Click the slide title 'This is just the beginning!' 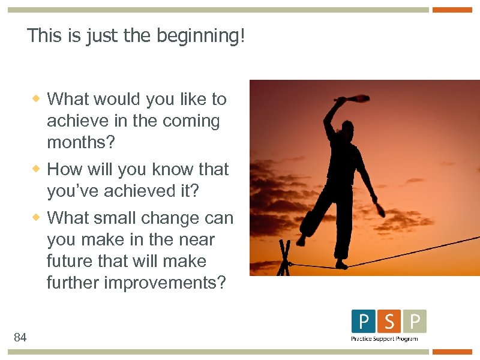pyautogui.click(x=136, y=36)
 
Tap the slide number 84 pyautogui.click(x=20, y=338)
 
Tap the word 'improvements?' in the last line pyautogui.click(x=165, y=283)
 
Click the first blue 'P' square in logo pyautogui.click(x=364, y=322)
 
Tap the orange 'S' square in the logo pyautogui.click(x=389, y=322)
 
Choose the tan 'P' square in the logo pyautogui.click(x=415, y=322)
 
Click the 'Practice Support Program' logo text pyautogui.click(x=384, y=339)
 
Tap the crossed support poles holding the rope pyautogui.click(x=284, y=258)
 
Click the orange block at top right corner pyautogui.click(x=452, y=10)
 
